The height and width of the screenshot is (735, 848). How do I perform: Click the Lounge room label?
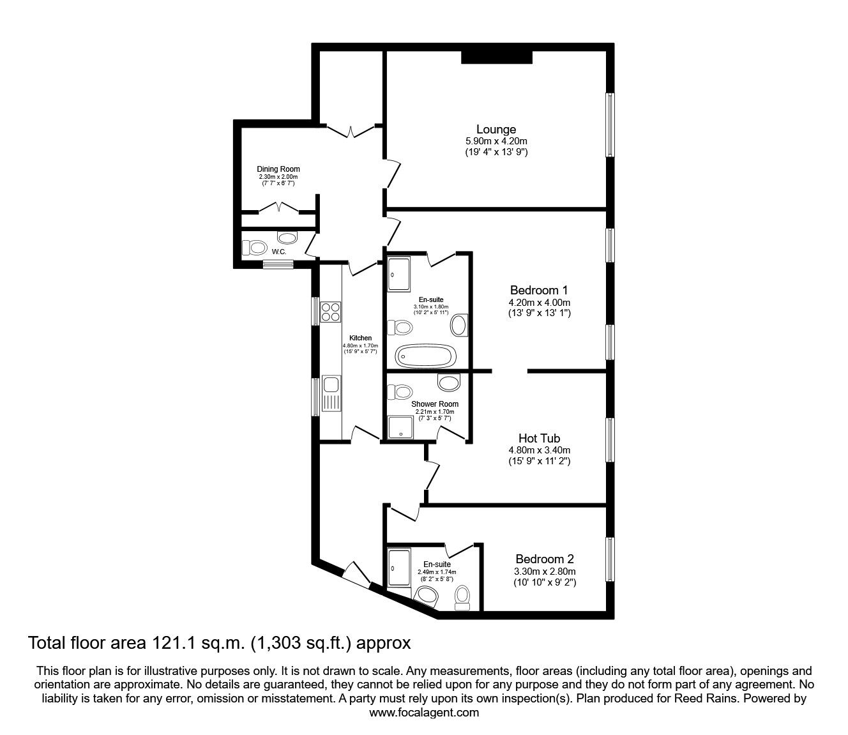pyautogui.click(x=496, y=130)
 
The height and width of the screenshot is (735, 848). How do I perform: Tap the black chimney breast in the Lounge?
pyautogui.click(x=497, y=57)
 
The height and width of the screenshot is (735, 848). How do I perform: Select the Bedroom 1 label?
pyautogui.click(x=539, y=290)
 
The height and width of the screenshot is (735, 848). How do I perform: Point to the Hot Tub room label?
pyautogui.click(x=539, y=438)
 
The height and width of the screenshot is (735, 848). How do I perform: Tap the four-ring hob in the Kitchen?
pyautogui.click(x=331, y=312)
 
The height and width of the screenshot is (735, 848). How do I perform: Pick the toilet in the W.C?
pyautogui.click(x=255, y=247)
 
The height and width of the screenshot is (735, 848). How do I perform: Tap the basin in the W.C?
pyautogui.click(x=289, y=238)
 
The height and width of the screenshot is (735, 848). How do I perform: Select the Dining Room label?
pyautogui.click(x=278, y=169)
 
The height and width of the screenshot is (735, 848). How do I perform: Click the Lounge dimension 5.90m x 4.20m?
pyautogui.click(x=496, y=141)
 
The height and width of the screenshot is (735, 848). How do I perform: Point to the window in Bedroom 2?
pyautogui.click(x=610, y=559)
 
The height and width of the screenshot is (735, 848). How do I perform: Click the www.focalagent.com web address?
pyautogui.click(x=424, y=713)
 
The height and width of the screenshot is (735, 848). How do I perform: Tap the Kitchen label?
pyautogui.click(x=360, y=338)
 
